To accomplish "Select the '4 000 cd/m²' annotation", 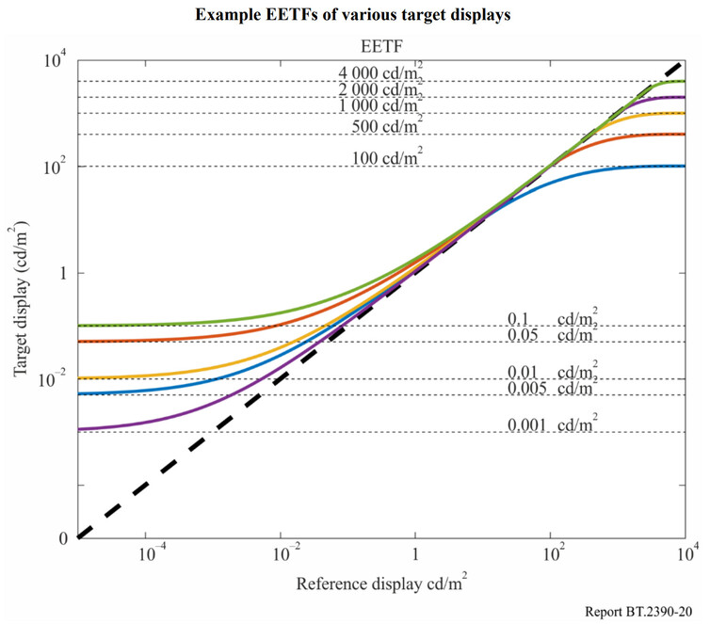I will coord(380,72).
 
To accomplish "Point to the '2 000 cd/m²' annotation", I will coord(380,89).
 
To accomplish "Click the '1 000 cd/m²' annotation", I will coord(380,106).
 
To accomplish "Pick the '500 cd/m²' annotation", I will coord(387,127).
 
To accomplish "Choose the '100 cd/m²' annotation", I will coord(387,158).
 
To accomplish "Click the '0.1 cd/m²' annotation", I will coord(551,318).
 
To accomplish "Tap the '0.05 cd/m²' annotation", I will coord(551,335).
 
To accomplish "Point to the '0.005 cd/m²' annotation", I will coord(551,388).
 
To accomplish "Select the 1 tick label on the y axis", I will coord(59,273).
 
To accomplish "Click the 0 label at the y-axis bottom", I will coord(63,539).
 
